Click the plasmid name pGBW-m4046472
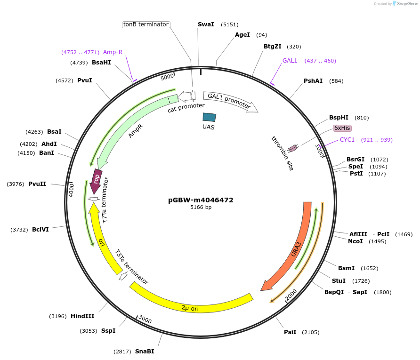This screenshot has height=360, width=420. pos(201,200)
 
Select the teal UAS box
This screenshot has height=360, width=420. pos(209,117)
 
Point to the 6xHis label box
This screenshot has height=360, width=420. pos(342,128)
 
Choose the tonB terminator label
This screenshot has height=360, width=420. pos(145,24)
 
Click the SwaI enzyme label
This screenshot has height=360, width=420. pos(206,24)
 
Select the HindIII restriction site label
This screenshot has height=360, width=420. pos(83,316)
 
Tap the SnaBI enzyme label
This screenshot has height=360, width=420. pos(144,352)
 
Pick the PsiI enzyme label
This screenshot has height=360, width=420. pos(290,332)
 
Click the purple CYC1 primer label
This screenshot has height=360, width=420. pos(347,140)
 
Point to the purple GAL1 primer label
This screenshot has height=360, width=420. pos(290,61)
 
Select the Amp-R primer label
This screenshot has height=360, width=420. pos(113,52)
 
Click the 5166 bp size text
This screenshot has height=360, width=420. pos(201,207)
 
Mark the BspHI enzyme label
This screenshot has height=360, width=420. pos(339,118)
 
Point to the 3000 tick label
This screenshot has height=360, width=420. pos(145,320)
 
